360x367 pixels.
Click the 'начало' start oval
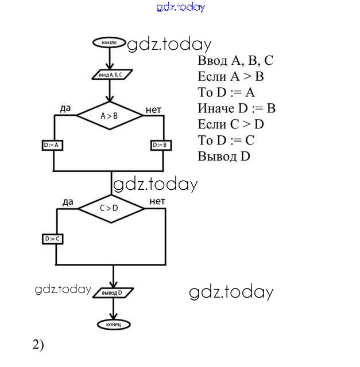[x=109, y=43]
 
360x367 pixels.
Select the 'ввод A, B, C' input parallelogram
[x=112, y=75]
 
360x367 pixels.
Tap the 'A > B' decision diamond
[x=109, y=116]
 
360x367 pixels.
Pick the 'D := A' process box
[x=53, y=146]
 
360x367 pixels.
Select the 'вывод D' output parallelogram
[x=113, y=292]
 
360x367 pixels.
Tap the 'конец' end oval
[x=114, y=325]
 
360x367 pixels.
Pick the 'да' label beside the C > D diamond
[x=68, y=202]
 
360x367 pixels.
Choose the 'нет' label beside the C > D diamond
[x=157, y=201]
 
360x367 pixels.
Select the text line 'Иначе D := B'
[x=237, y=108]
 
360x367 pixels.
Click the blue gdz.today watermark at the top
[x=180, y=7]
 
